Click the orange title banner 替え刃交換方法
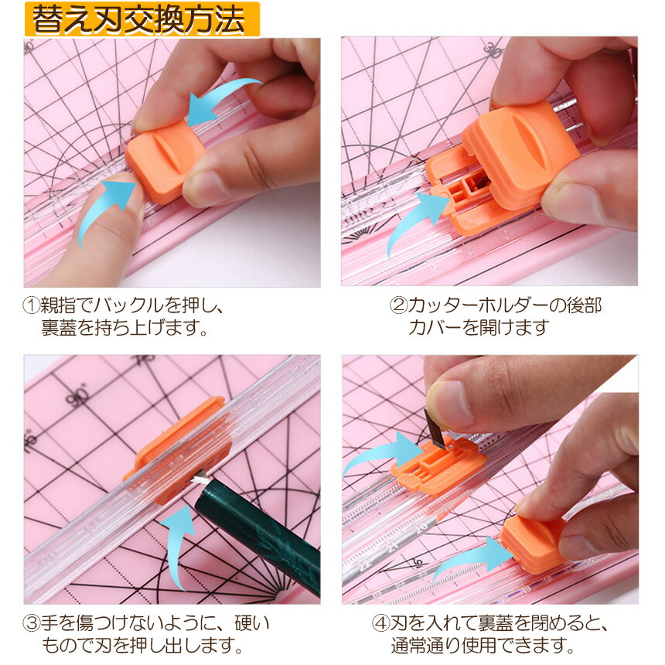pyautogui.click(x=142, y=19)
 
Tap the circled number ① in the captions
pyautogui.click(x=31, y=305)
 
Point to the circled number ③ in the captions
pyautogui.click(x=31, y=623)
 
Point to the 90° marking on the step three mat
pyautogui.click(x=77, y=396)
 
